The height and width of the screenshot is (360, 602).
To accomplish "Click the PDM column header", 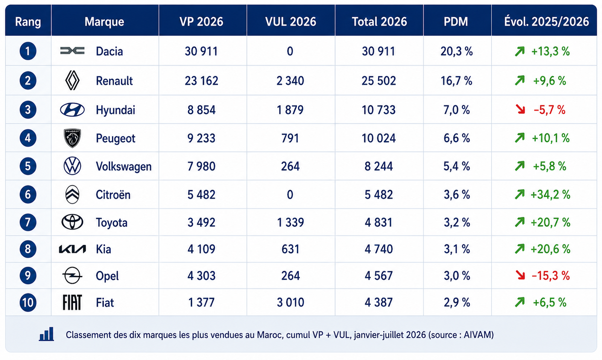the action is [456, 22].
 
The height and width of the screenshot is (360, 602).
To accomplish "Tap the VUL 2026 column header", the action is [290, 22].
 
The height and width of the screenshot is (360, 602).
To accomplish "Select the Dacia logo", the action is [72, 50].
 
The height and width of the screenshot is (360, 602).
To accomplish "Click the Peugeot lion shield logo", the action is [72, 138].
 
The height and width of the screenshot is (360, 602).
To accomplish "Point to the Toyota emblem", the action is [72, 222].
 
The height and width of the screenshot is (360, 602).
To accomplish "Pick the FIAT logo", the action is [72, 302].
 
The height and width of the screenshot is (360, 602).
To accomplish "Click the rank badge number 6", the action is [28, 194].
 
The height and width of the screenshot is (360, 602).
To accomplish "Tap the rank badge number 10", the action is [28, 302].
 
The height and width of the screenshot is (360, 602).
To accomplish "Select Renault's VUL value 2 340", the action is [290, 81].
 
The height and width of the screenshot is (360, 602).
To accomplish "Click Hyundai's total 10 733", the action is [379, 110].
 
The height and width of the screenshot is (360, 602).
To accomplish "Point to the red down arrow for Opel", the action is [520, 275].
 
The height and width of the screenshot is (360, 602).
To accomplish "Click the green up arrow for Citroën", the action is [520, 194].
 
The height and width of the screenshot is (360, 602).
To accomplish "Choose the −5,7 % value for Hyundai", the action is [550, 110].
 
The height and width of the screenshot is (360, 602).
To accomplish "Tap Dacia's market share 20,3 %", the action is [457, 51].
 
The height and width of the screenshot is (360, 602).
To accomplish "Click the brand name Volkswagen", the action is [124, 167].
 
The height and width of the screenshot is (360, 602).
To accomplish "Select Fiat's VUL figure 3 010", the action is [290, 302].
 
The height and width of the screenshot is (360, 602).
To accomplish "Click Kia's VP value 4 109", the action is [201, 249].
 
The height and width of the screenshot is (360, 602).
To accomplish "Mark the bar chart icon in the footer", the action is [47, 334].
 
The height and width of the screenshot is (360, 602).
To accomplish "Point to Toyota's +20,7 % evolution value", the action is [551, 222].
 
